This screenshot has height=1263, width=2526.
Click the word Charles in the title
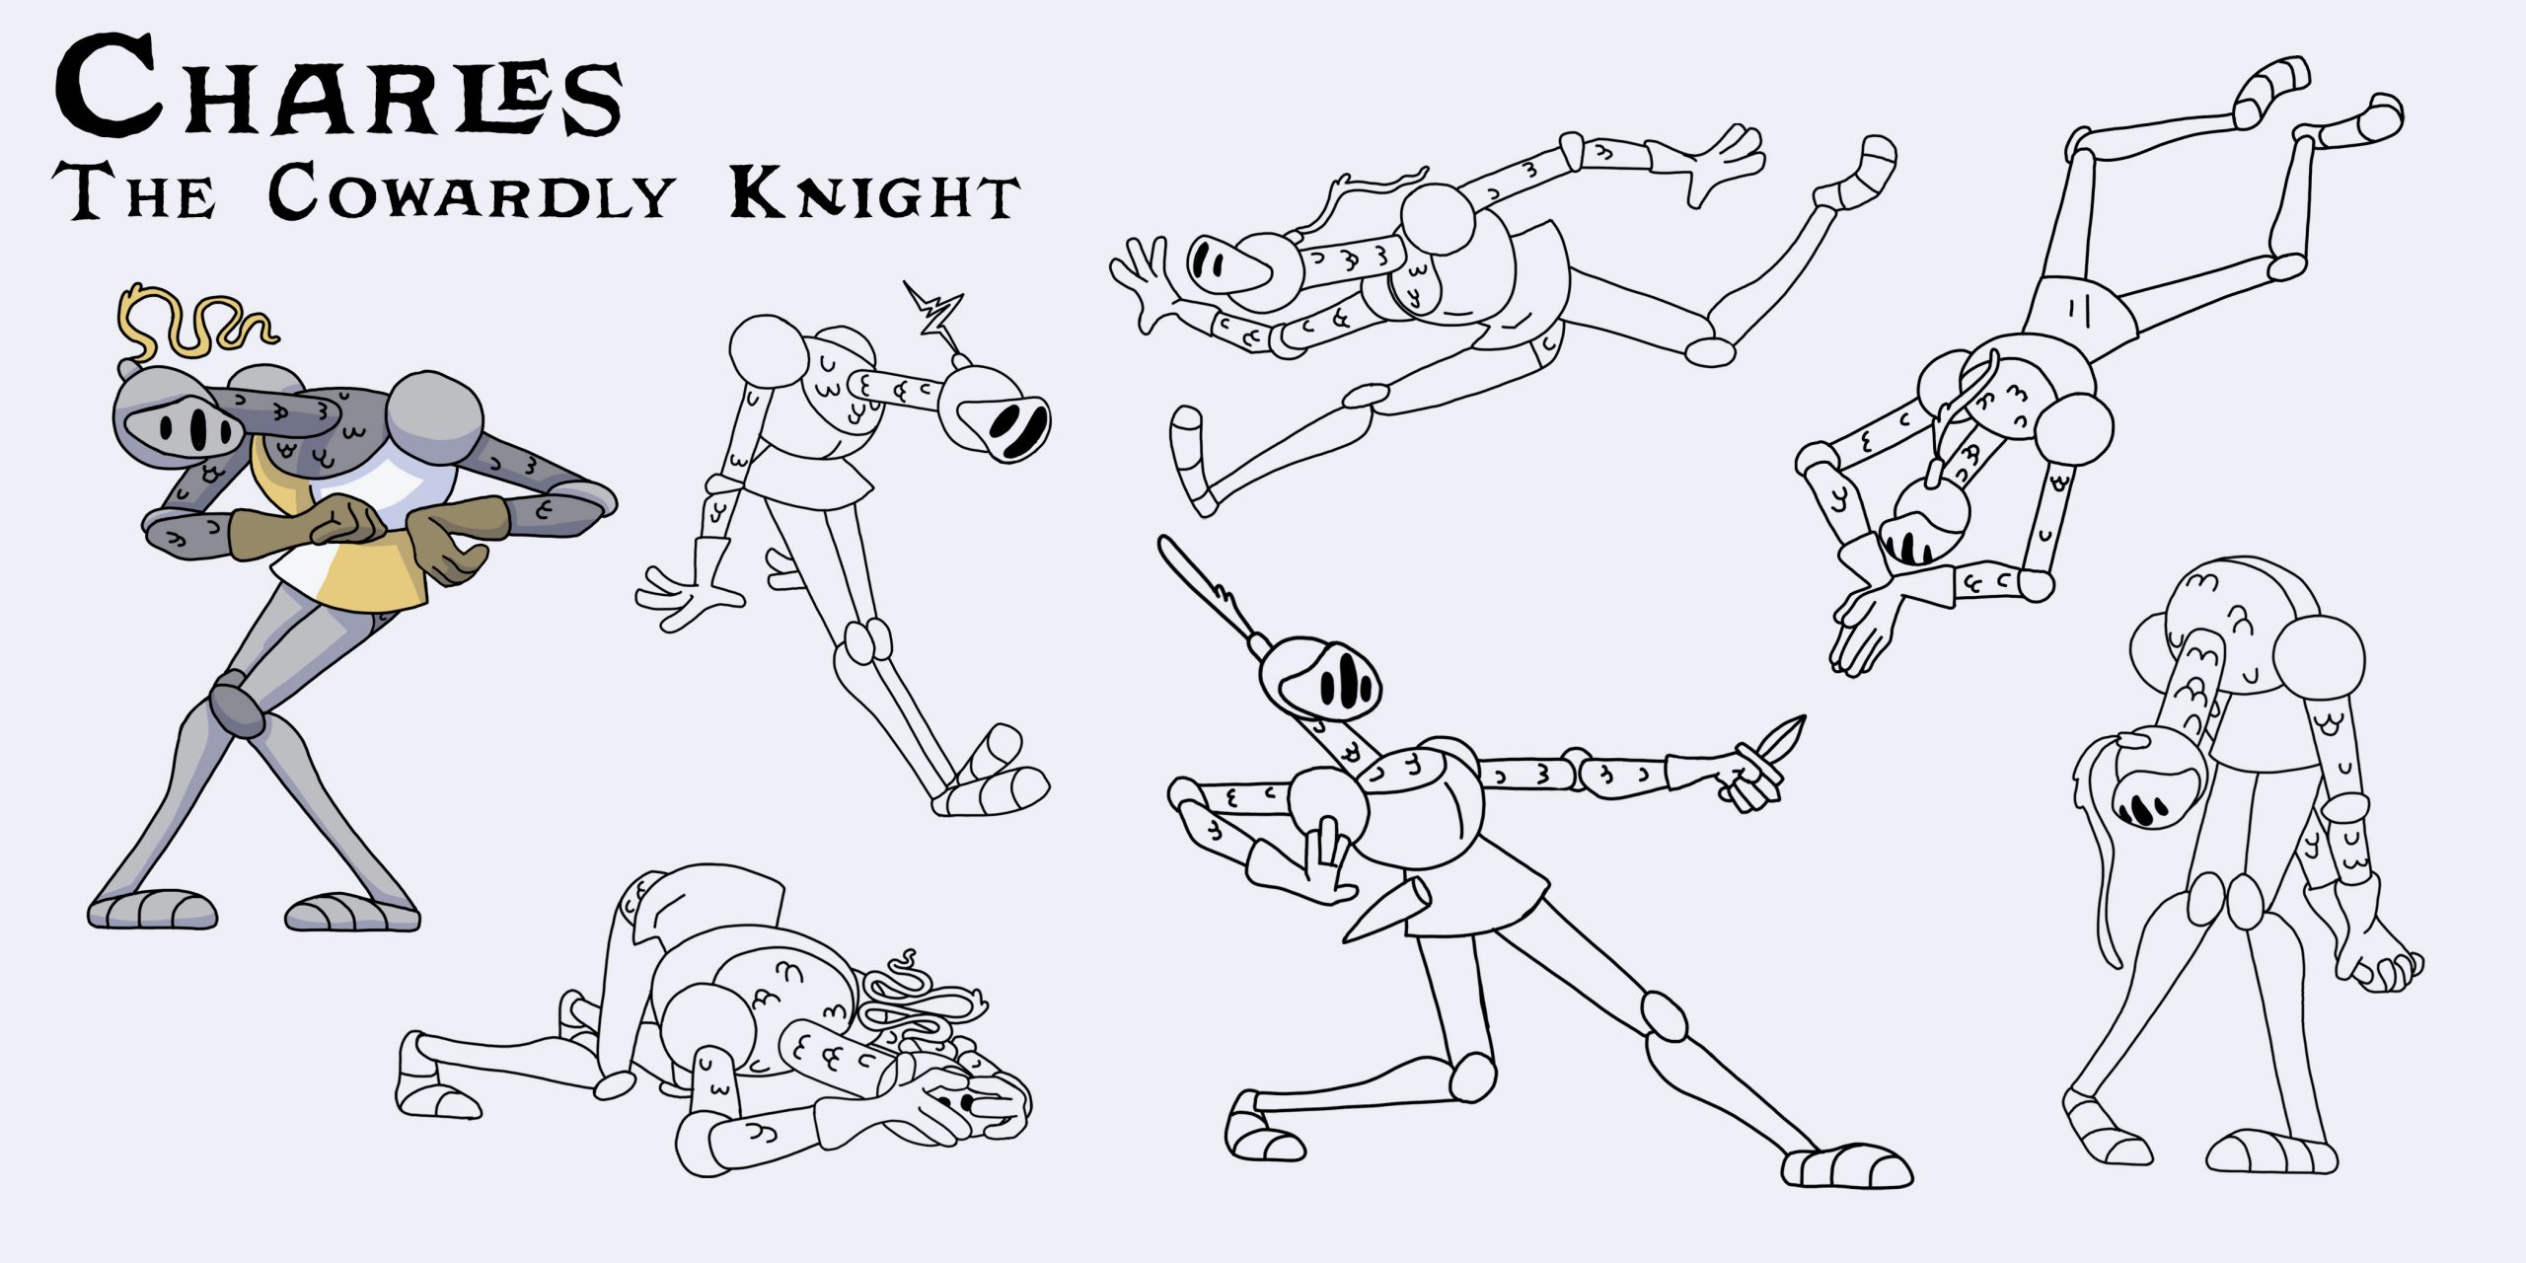[x=338, y=87]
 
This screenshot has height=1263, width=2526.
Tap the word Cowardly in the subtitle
[x=472, y=191]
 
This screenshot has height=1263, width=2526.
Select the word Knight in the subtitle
[x=874, y=193]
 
